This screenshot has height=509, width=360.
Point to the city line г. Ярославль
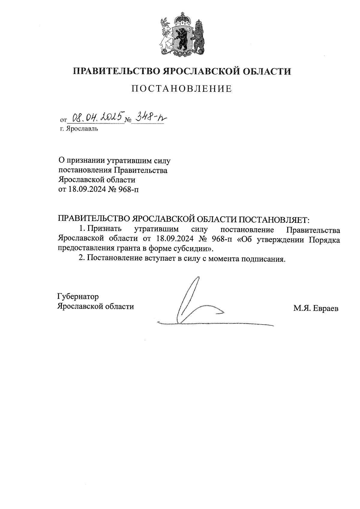79,129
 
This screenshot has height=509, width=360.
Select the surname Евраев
325,308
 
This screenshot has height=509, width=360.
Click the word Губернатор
78,297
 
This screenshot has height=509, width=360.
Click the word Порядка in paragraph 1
325,239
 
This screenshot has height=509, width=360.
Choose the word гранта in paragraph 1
124,249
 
